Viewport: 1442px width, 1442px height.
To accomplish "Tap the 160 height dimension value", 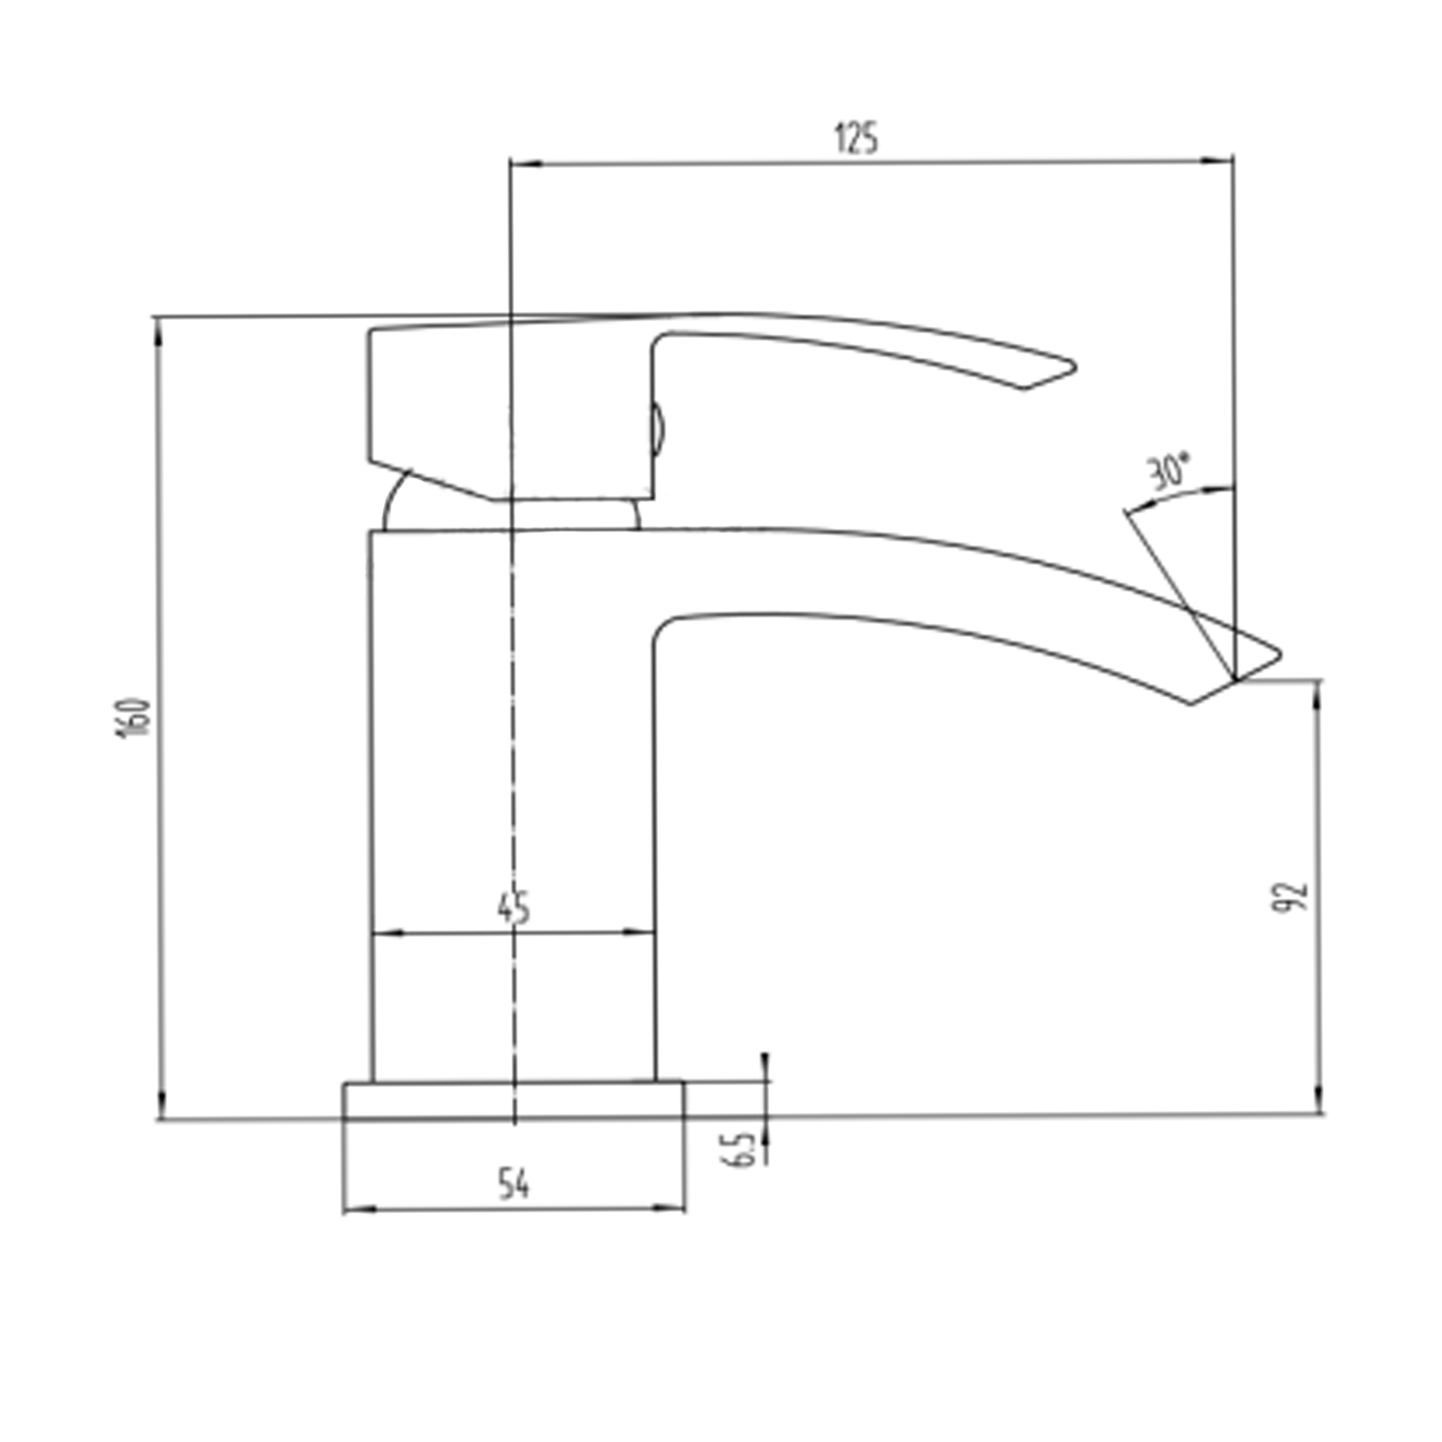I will coord(135,718).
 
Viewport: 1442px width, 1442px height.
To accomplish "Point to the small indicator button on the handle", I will coord(657,429).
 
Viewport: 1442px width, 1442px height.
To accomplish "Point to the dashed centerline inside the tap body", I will coord(513,746).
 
